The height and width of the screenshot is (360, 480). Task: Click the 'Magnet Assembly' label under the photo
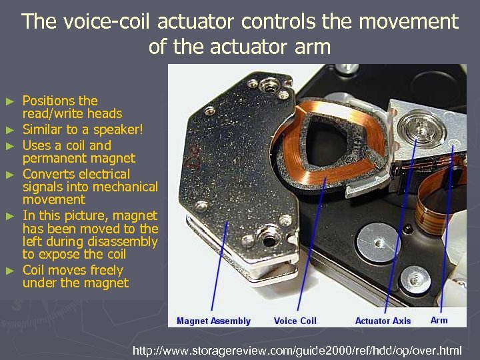[x=213, y=321]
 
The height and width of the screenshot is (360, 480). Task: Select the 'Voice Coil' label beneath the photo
[x=295, y=321]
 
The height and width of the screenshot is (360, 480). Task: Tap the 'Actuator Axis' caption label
[x=383, y=321]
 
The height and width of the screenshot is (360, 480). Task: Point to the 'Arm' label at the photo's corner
[x=439, y=320]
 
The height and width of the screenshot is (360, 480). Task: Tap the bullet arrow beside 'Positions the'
[x=9, y=101]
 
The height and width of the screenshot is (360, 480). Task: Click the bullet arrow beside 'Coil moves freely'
[x=9, y=271]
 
